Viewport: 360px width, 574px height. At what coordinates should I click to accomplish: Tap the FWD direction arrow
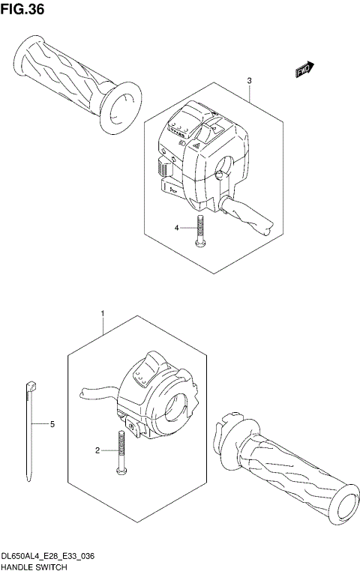point(302,70)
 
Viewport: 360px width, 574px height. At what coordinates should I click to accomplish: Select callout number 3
point(249,81)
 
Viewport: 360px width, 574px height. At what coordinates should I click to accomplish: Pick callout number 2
point(97,450)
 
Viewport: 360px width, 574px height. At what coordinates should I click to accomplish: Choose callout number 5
point(52,425)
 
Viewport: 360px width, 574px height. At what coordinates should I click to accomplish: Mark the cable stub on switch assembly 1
point(94,391)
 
